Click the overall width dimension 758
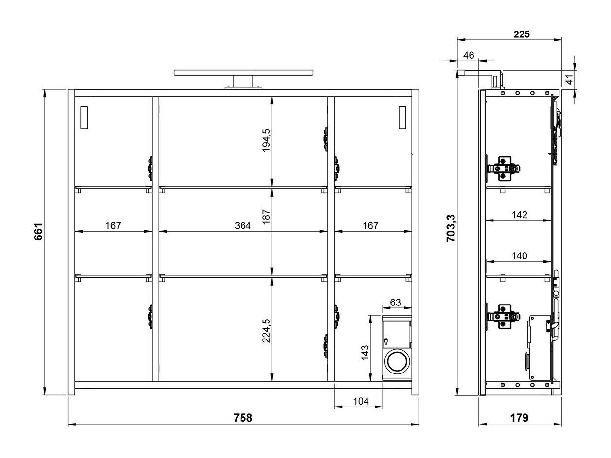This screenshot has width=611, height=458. (x=243, y=418)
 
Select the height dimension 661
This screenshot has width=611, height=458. (x=38, y=232)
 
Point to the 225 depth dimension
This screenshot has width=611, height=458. (x=521, y=34)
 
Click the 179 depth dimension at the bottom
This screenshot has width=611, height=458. (x=519, y=418)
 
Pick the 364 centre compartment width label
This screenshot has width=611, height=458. (x=243, y=225)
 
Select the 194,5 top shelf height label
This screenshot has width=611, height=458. (x=266, y=140)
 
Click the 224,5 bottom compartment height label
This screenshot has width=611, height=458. (x=266, y=331)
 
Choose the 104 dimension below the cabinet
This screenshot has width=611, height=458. (x=360, y=401)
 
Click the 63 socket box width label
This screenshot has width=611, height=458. (x=395, y=302)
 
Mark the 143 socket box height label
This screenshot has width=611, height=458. (x=365, y=352)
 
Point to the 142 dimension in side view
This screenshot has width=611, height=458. (x=519, y=215)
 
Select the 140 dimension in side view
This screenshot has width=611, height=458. (x=519, y=256)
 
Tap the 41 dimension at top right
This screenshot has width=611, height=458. (x=569, y=77)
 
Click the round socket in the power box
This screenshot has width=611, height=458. (x=397, y=362)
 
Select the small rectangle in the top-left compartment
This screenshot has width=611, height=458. (x=84, y=118)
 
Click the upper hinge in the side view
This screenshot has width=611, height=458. (x=504, y=168)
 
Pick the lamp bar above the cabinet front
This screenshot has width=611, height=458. (x=243, y=73)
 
